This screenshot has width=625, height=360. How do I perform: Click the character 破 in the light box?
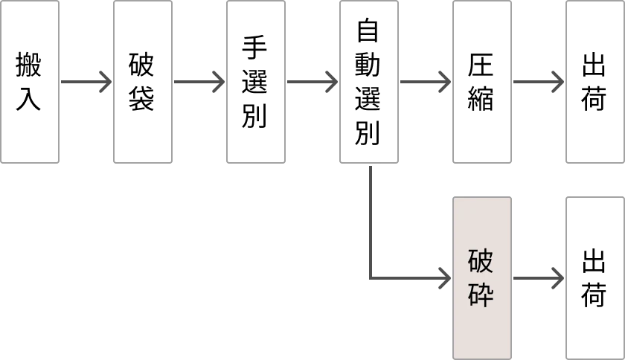point(481,263)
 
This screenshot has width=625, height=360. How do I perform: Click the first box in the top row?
point(30,83)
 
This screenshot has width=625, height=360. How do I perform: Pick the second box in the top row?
point(143,83)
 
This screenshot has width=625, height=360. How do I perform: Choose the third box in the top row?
point(256,83)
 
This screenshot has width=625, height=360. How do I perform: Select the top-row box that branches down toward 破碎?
point(369,83)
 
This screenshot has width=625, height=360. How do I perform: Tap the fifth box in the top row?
point(482,83)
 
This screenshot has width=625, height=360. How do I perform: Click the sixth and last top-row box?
point(595,83)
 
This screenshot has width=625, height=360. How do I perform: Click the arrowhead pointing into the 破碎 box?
point(443,277)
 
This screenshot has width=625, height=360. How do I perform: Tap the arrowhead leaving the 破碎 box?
point(557,277)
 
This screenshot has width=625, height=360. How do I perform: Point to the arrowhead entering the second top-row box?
point(104,80)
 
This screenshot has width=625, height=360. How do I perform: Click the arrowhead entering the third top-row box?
point(217,80)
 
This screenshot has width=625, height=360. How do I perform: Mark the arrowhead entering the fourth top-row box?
point(330,80)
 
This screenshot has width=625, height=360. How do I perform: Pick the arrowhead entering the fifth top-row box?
point(443,80)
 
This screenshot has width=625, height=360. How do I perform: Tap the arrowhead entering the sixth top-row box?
point(557,80)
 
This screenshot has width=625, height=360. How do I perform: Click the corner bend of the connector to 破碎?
point(372,277)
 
